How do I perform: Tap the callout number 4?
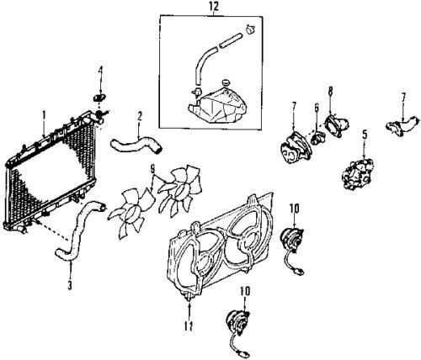tap(100, 70)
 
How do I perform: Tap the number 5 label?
tap(365, 132)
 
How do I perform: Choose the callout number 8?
tap(330, 91)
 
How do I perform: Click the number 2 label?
tap(139, 115)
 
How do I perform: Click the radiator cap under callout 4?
tap(100, 98)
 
